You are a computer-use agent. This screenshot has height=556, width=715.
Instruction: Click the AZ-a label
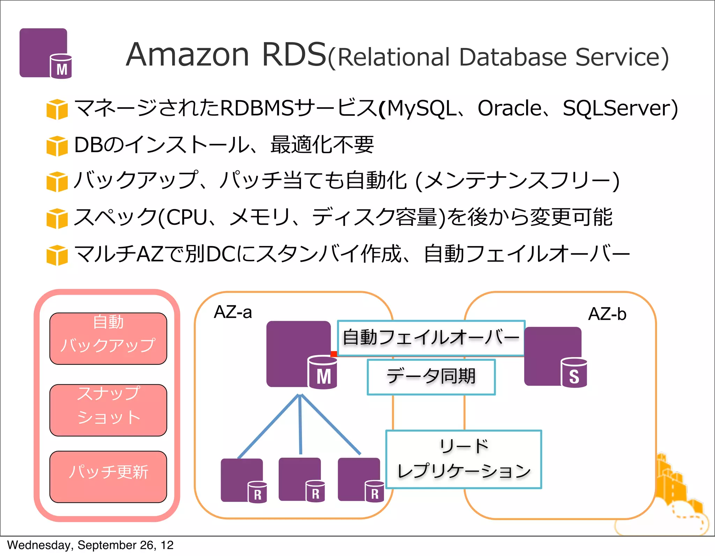(233, 312)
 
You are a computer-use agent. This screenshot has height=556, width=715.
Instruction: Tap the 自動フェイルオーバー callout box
(431, 338)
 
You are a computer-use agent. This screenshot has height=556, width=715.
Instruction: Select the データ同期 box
(431, 377)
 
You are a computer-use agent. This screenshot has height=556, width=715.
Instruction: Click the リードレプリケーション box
(464, 459)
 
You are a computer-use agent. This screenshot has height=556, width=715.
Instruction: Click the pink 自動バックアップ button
(108, 338)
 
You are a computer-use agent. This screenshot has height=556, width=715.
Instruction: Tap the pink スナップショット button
(108, 410)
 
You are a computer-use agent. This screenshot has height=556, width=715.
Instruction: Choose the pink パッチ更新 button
(108, 476)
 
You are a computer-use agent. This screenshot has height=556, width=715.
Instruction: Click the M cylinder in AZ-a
(323, 373)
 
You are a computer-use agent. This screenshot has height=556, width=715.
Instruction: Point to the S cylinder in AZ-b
(574, 373)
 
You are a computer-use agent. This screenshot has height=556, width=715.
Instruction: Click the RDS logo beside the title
(45, 53)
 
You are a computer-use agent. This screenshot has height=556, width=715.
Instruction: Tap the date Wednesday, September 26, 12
(90, 545)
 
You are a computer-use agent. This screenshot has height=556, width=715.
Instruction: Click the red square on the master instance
(334, 354)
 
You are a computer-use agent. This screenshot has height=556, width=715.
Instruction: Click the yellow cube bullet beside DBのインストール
(57, 146)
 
